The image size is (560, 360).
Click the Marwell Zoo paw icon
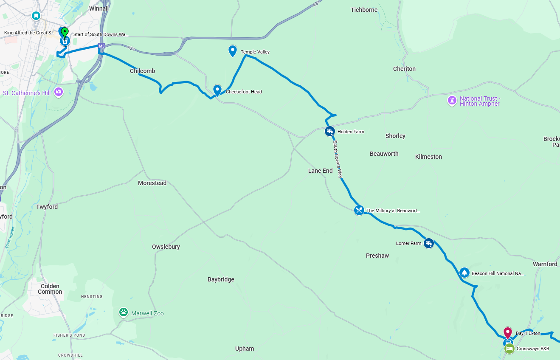point(124,313)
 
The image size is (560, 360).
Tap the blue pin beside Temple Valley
point(233,51)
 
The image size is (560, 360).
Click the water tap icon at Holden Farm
point(329,131)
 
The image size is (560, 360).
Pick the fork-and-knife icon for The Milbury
point(359,210)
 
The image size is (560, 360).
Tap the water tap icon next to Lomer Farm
point(429,243)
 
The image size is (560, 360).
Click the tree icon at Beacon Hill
point(464,273)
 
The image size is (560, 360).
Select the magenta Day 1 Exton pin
point(508,333)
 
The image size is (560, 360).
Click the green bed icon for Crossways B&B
point(509,349)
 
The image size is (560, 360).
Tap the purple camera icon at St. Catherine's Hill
point(59,92)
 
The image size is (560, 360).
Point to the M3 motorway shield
point(101,46)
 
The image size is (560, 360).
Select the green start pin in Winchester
point(65,33)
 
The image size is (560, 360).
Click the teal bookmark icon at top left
point(37,16)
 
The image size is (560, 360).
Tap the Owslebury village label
point(166,247)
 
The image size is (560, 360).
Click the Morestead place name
point(152,183)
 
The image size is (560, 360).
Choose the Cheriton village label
point(404,69)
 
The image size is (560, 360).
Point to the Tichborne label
point(364,10)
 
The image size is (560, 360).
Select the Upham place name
point(245,349)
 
